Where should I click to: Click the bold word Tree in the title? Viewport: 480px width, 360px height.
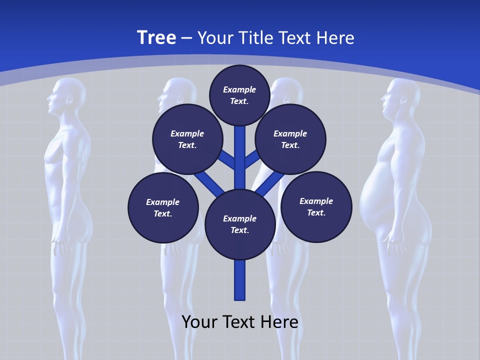pos(156,37)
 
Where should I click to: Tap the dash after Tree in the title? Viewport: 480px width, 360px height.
pos(186,38)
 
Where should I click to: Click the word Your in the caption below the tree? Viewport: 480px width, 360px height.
pos(200,322)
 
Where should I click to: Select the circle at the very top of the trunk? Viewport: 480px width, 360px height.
pos(239,95)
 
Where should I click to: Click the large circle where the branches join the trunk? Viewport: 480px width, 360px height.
pos(240,224)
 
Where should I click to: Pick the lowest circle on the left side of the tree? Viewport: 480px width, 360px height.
pos(163,208)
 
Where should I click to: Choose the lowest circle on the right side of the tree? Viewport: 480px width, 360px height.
pos(316,207)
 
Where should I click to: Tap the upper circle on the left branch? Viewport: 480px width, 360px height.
pos(187,139)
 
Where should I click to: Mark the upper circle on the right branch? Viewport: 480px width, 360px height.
pos(290,139)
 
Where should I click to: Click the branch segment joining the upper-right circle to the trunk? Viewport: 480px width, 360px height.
pos(252,159)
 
